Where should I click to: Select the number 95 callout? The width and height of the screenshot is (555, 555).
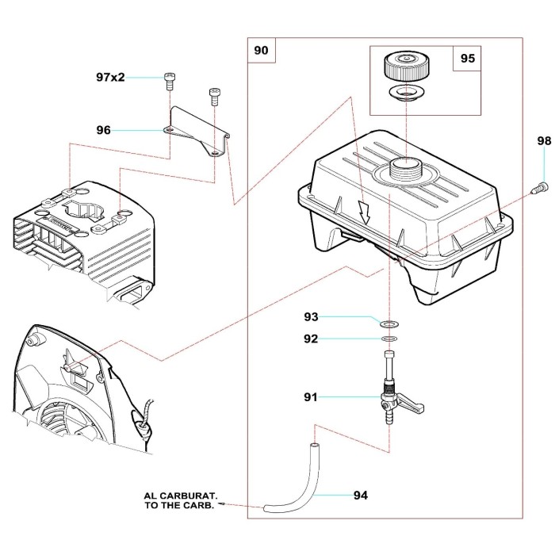467,59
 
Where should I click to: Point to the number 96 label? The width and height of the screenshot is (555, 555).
103,130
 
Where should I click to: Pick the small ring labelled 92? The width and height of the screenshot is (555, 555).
388,339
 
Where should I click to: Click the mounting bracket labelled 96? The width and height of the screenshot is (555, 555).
198,131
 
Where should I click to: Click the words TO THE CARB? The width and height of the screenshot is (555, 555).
180,504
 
